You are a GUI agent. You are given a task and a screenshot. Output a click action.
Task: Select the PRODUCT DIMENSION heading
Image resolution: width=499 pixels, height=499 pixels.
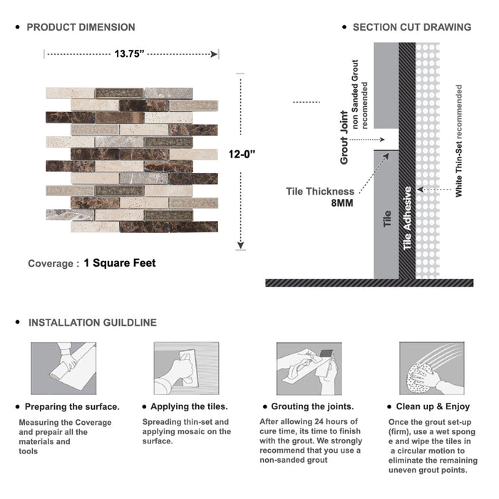[81, 27]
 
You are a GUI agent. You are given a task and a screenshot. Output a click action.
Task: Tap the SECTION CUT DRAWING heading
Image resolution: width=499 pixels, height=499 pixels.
[411, 27]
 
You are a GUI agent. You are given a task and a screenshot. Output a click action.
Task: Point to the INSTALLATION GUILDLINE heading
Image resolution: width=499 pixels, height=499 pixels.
[92, 322]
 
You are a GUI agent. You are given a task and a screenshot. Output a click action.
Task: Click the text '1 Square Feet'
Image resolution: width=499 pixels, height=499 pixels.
[120, 263]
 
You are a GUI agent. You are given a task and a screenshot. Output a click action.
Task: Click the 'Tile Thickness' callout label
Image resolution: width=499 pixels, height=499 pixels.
[320, 191]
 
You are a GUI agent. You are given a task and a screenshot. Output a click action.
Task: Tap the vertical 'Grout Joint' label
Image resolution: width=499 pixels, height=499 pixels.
[344, 138]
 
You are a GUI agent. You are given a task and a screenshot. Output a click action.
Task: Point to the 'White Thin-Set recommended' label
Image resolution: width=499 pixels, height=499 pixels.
[459, 140]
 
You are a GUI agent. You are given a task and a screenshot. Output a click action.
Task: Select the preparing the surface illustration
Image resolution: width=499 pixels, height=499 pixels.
[63, 368]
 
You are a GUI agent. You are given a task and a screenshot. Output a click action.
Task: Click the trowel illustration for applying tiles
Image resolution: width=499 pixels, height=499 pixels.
[186, 368]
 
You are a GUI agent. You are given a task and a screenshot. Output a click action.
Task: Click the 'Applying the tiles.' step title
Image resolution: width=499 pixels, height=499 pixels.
[190, 406]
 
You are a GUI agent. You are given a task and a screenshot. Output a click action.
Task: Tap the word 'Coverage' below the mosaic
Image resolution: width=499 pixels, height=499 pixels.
[50, 264]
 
